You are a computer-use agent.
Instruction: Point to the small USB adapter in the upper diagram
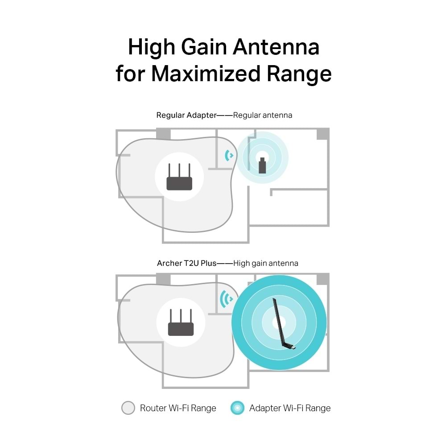pos(262,165)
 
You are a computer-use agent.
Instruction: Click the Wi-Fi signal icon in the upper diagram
pos(229,156)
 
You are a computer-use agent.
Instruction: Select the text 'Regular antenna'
pos(263,115)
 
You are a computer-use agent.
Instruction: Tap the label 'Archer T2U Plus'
pos(186,263)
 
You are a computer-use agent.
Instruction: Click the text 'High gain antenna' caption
pos(266,263)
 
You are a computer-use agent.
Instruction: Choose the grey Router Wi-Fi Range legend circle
pos(128,408)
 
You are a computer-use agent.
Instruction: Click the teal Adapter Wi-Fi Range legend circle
pos(238,408)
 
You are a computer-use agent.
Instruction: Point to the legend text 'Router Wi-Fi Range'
pos(178,408)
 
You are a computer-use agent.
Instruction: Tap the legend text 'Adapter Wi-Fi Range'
pos(290,408)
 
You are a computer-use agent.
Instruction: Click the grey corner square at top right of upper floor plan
pos(322,134)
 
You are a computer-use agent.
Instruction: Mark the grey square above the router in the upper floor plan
pos(163,133)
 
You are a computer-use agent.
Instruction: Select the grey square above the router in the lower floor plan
pos(163,279)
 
